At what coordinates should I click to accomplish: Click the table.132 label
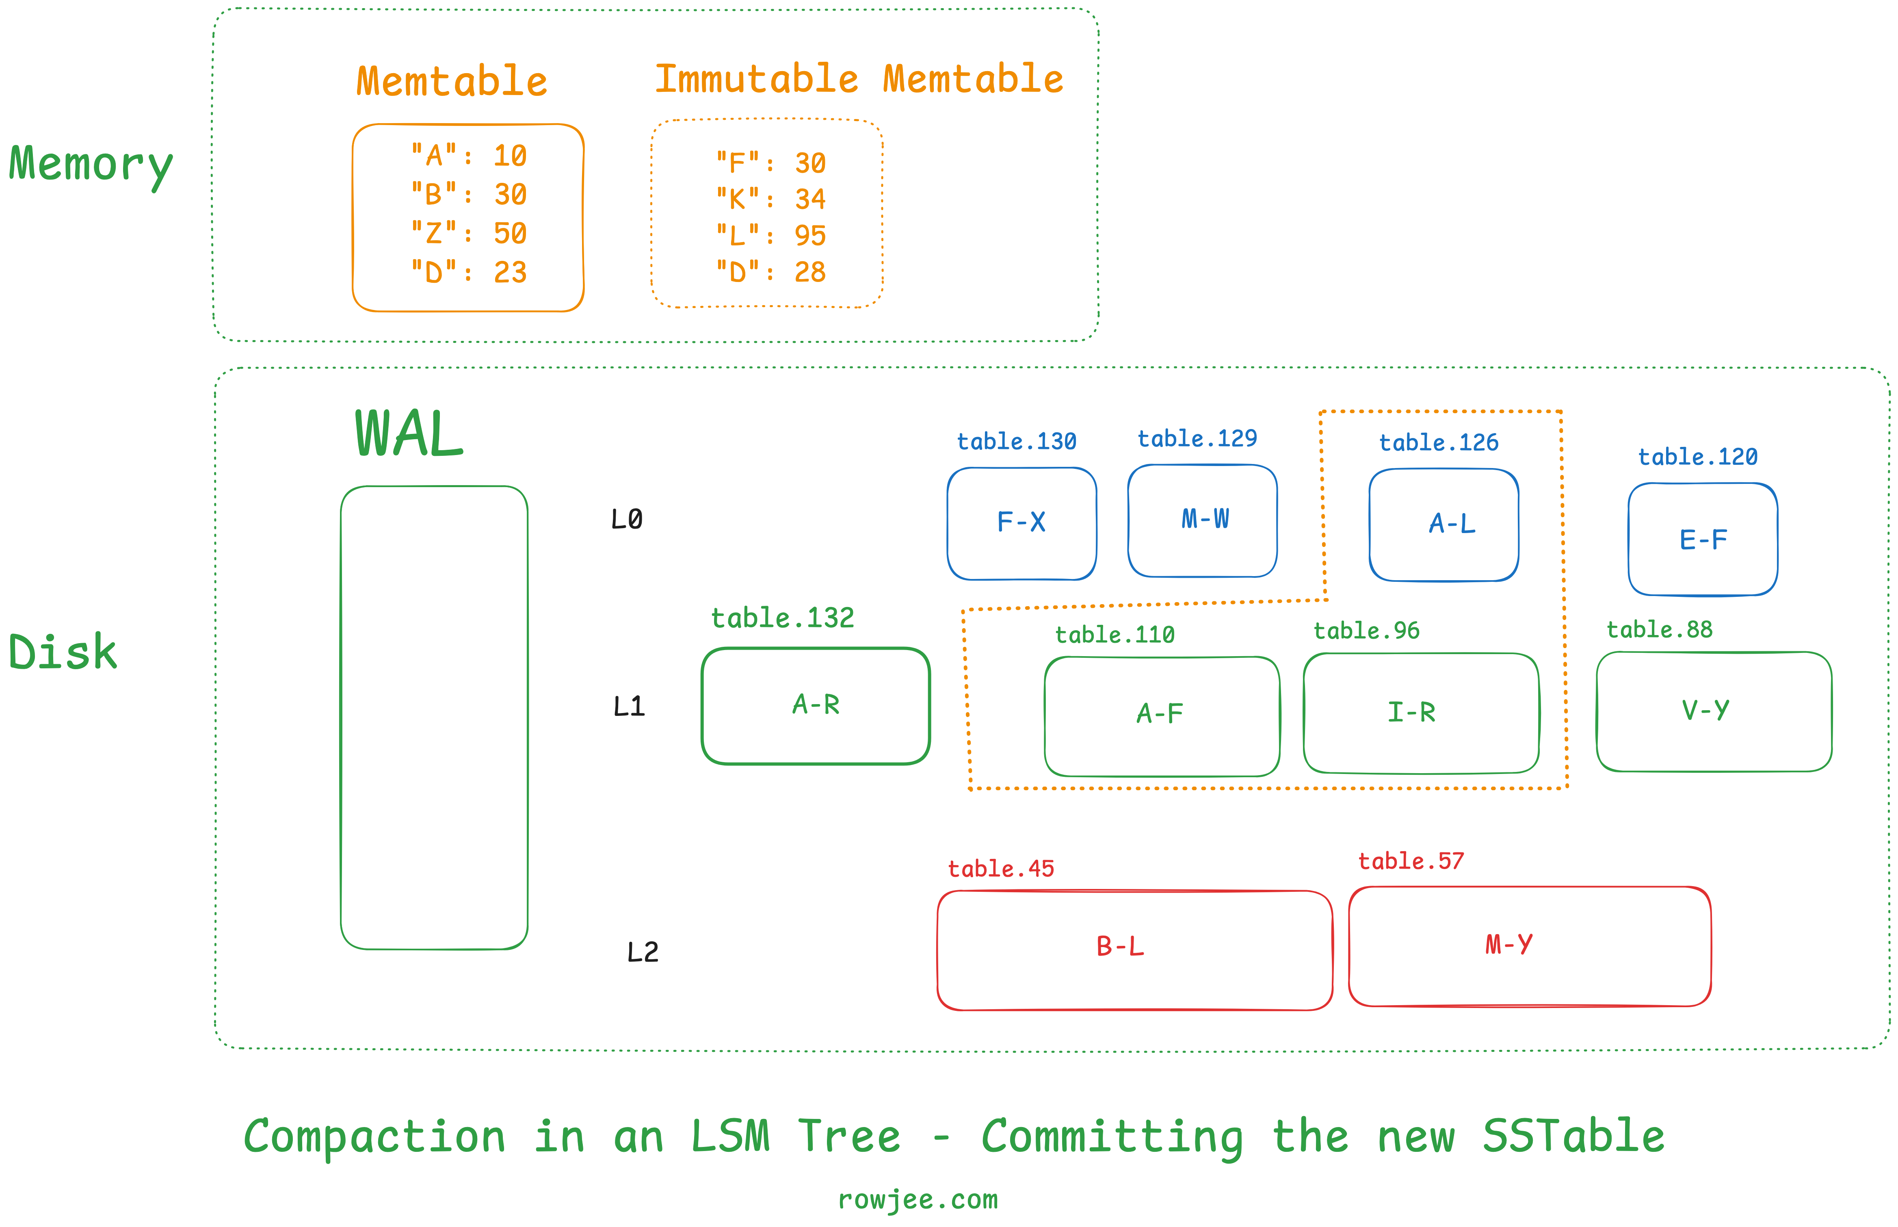(782, 618)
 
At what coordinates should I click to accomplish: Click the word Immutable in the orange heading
(757, 79)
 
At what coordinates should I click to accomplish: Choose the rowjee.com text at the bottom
(918, 1199)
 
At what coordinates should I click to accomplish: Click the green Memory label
(91, 166)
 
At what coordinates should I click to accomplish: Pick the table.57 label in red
(1411, 861)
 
